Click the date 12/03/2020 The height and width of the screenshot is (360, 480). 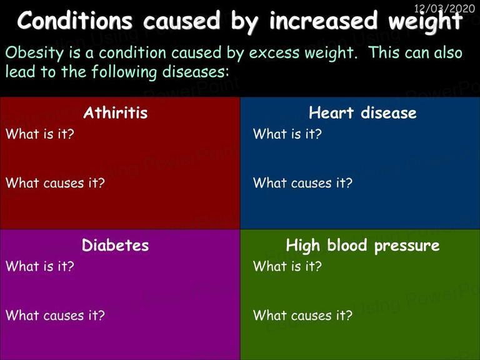[444, 8]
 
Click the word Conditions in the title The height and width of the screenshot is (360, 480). [75, 21]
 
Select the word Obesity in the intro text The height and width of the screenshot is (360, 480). [34, 53]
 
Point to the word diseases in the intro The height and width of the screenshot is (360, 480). [195, 72]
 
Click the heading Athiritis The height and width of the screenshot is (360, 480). [116, 112]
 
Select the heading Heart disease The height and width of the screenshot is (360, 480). [362, 112]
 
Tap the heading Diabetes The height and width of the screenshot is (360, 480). [116, 245]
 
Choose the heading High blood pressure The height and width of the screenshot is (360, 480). [362, 246]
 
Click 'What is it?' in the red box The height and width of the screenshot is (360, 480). [40, 134]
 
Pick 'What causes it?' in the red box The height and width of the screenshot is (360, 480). [55, 182]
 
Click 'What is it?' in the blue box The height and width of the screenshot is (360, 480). [287, 134]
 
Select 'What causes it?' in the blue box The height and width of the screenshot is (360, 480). [302, 182]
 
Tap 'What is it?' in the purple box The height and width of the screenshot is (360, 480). [40, 266]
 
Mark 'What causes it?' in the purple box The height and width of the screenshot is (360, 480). [55, 315]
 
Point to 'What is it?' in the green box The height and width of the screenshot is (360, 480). [287, 266]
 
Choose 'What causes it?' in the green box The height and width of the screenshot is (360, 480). [302, 315]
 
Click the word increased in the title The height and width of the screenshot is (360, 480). [323, 21]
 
